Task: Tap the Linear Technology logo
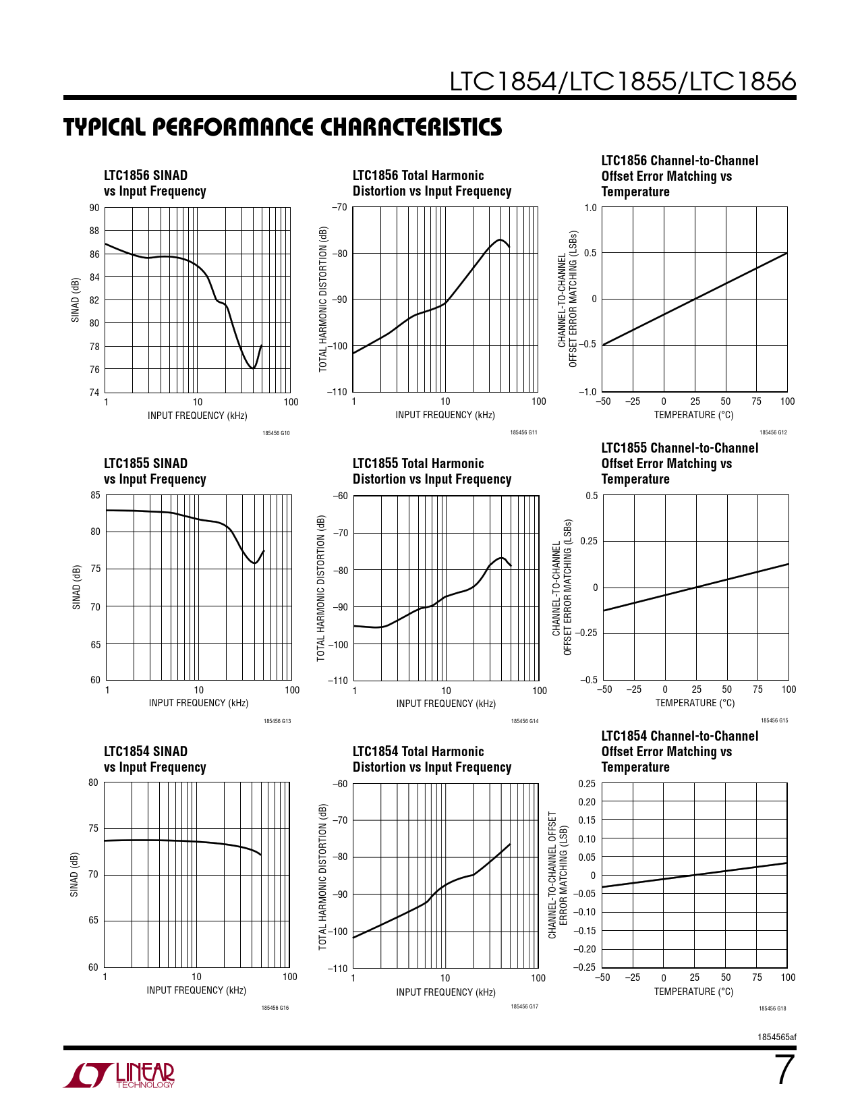tap(119, 1075)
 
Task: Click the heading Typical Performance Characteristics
tap(283, 127)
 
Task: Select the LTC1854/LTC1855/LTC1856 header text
tap(623, 82)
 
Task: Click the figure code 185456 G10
tap(276, 433)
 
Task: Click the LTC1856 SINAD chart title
tap(154, 183)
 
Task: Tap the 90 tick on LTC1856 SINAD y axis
tap(94, 208)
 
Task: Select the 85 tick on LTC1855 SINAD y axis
tap(95, 495)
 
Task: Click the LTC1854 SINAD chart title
tap(154, 760)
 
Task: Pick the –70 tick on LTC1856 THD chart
tap(339, 207)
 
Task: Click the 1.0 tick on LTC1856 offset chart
tap(590, 207)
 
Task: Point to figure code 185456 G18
tap(772, 1008)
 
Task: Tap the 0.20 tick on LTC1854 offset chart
tap(587, 802)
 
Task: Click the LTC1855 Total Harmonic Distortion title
tap(432, 472)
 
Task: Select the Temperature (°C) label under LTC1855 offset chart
tap(695, 703)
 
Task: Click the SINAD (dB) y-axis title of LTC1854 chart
tap(74, 875)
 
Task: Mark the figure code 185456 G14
tap(525, 721)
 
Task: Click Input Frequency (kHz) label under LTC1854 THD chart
tap(446, 992)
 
